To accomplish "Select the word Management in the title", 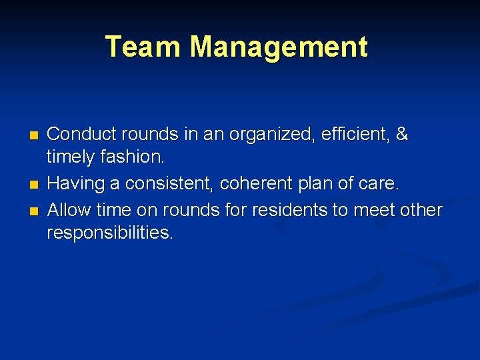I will [x=279, y=47].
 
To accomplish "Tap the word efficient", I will [x=353, y=135].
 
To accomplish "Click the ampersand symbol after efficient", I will [x=401, y=135].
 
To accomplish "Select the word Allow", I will [x=69, y=211].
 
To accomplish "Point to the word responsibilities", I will [x=110, y=233].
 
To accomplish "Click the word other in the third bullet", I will [x=420, y=211].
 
